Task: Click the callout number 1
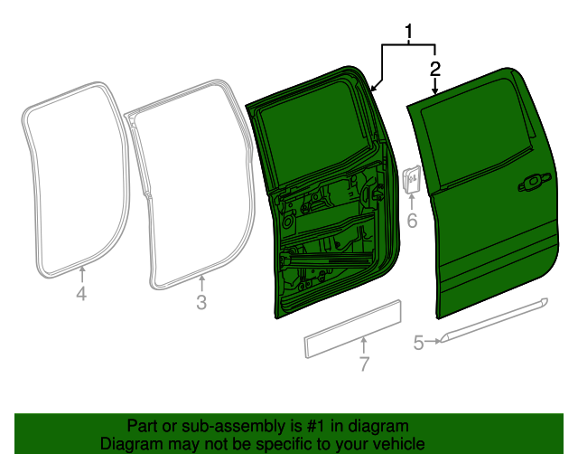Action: point(408,32)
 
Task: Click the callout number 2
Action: point(435,69)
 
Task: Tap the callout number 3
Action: point(201,302)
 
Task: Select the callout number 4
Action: point(81,294)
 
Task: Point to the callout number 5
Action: point(418,342)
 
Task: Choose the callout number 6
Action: point(412,221)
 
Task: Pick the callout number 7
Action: point(364,364)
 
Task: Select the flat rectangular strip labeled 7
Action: point(352,329)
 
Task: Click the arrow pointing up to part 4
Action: point(82,275)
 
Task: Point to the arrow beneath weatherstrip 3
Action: point(201,284)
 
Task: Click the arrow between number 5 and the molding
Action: point(433,342)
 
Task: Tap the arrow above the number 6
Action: point(412,202)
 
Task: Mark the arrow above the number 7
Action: point(364,345)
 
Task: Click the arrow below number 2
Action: point(435,86)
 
